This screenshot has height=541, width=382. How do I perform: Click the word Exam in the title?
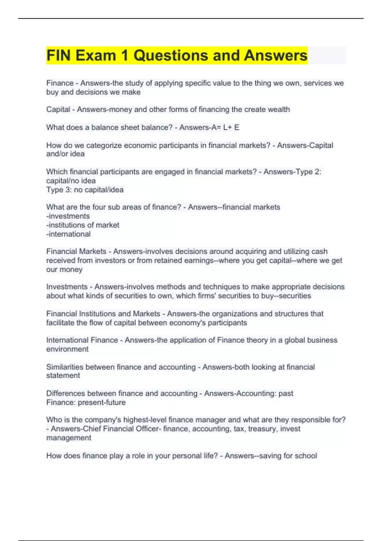point(96,55)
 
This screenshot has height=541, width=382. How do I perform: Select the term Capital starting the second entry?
point(58,109)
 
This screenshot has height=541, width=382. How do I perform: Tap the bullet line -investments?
point(68,216)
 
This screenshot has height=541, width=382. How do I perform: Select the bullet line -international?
point(68,234)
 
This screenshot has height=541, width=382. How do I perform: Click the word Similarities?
point(65,367)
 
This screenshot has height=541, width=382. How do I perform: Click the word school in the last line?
point(306,456)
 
